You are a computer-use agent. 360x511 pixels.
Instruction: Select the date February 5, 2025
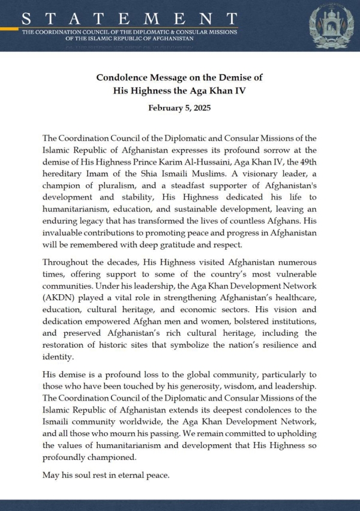coord(179,109)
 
